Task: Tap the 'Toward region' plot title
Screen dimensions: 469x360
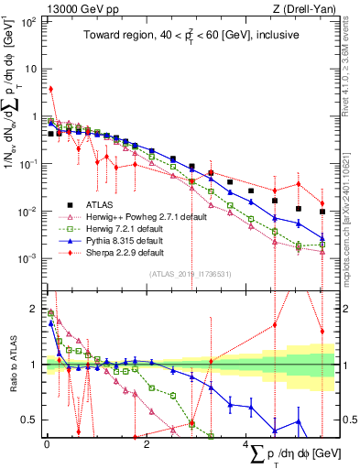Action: pyautogui.click(x=190, y=37)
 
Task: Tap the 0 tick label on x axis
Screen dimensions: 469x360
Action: pyautogui.click(x=47, y=444)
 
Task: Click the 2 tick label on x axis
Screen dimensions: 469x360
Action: pyautogui.click(x=147, y=444)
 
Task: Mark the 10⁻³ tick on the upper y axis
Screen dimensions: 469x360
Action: pyautogui.click(x=31, y=258)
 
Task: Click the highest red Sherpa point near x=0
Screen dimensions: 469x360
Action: pyautogui.click(x=50, y=89)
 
